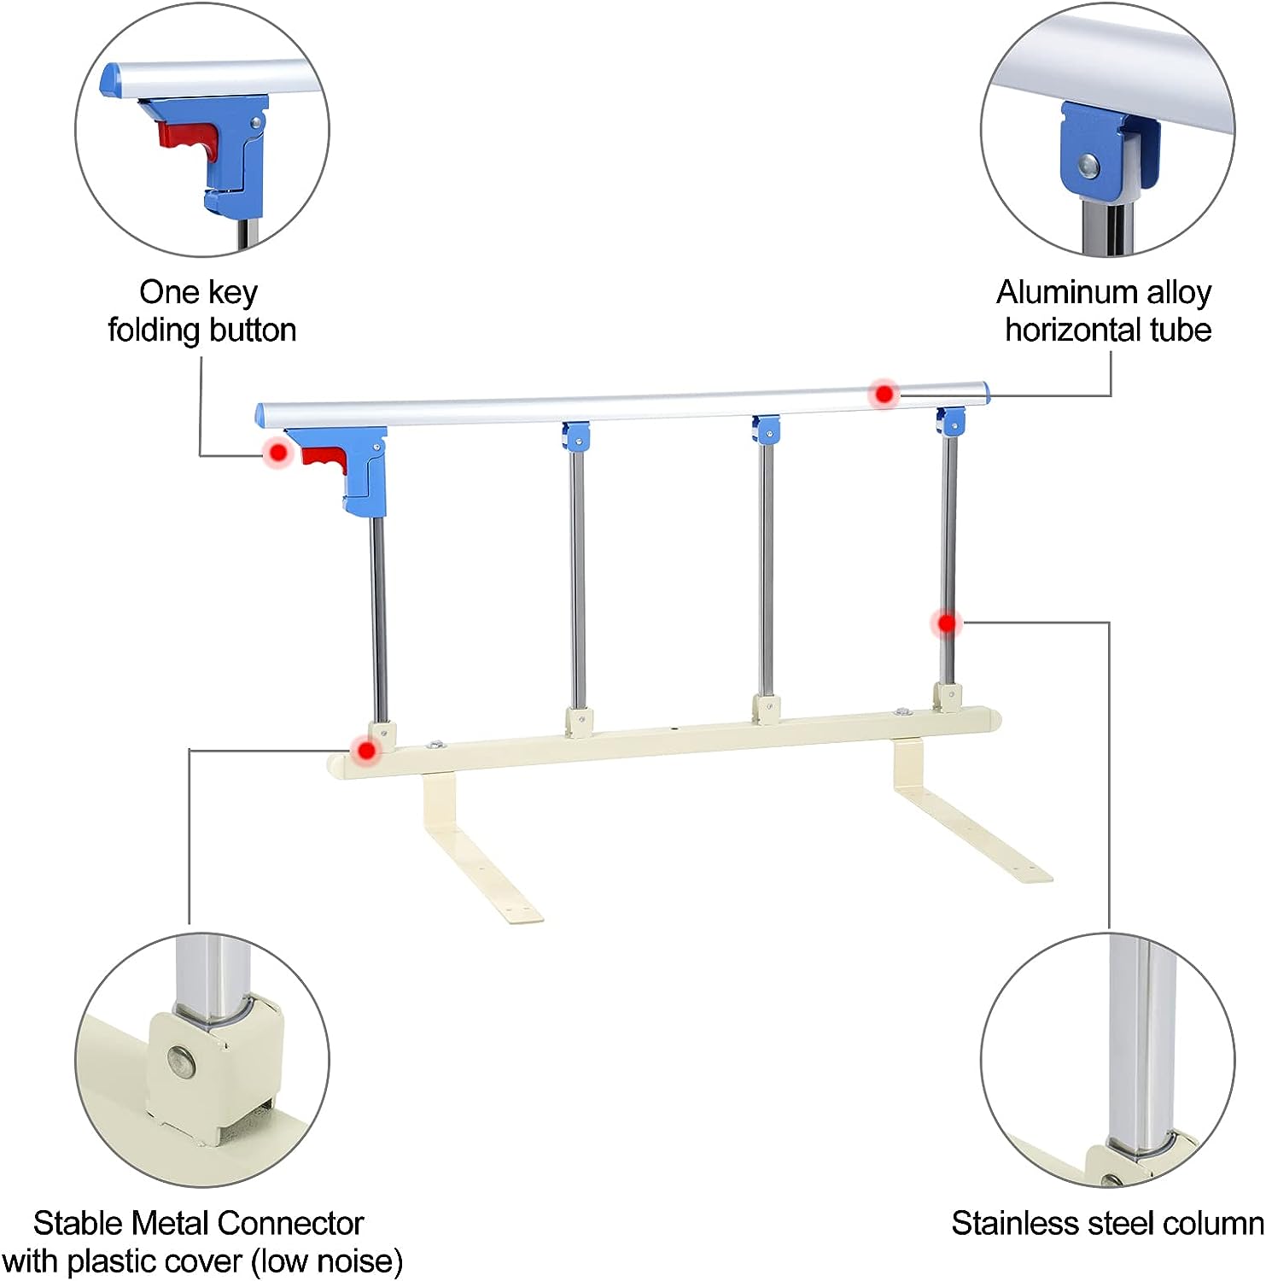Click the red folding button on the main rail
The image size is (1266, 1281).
325,459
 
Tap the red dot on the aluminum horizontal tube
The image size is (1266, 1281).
884,394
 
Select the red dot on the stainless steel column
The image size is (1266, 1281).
946,623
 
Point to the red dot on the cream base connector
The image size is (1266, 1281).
367,751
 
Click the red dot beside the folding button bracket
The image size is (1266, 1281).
277,452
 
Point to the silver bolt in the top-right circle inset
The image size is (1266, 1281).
1088,163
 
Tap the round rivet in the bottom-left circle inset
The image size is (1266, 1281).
182,1062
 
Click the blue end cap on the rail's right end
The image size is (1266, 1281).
984,393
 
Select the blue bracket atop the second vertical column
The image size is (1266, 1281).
576,436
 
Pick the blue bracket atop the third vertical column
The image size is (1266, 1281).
767,430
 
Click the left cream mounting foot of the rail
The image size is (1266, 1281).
478,854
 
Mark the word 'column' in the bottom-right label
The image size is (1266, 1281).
1213,1224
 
